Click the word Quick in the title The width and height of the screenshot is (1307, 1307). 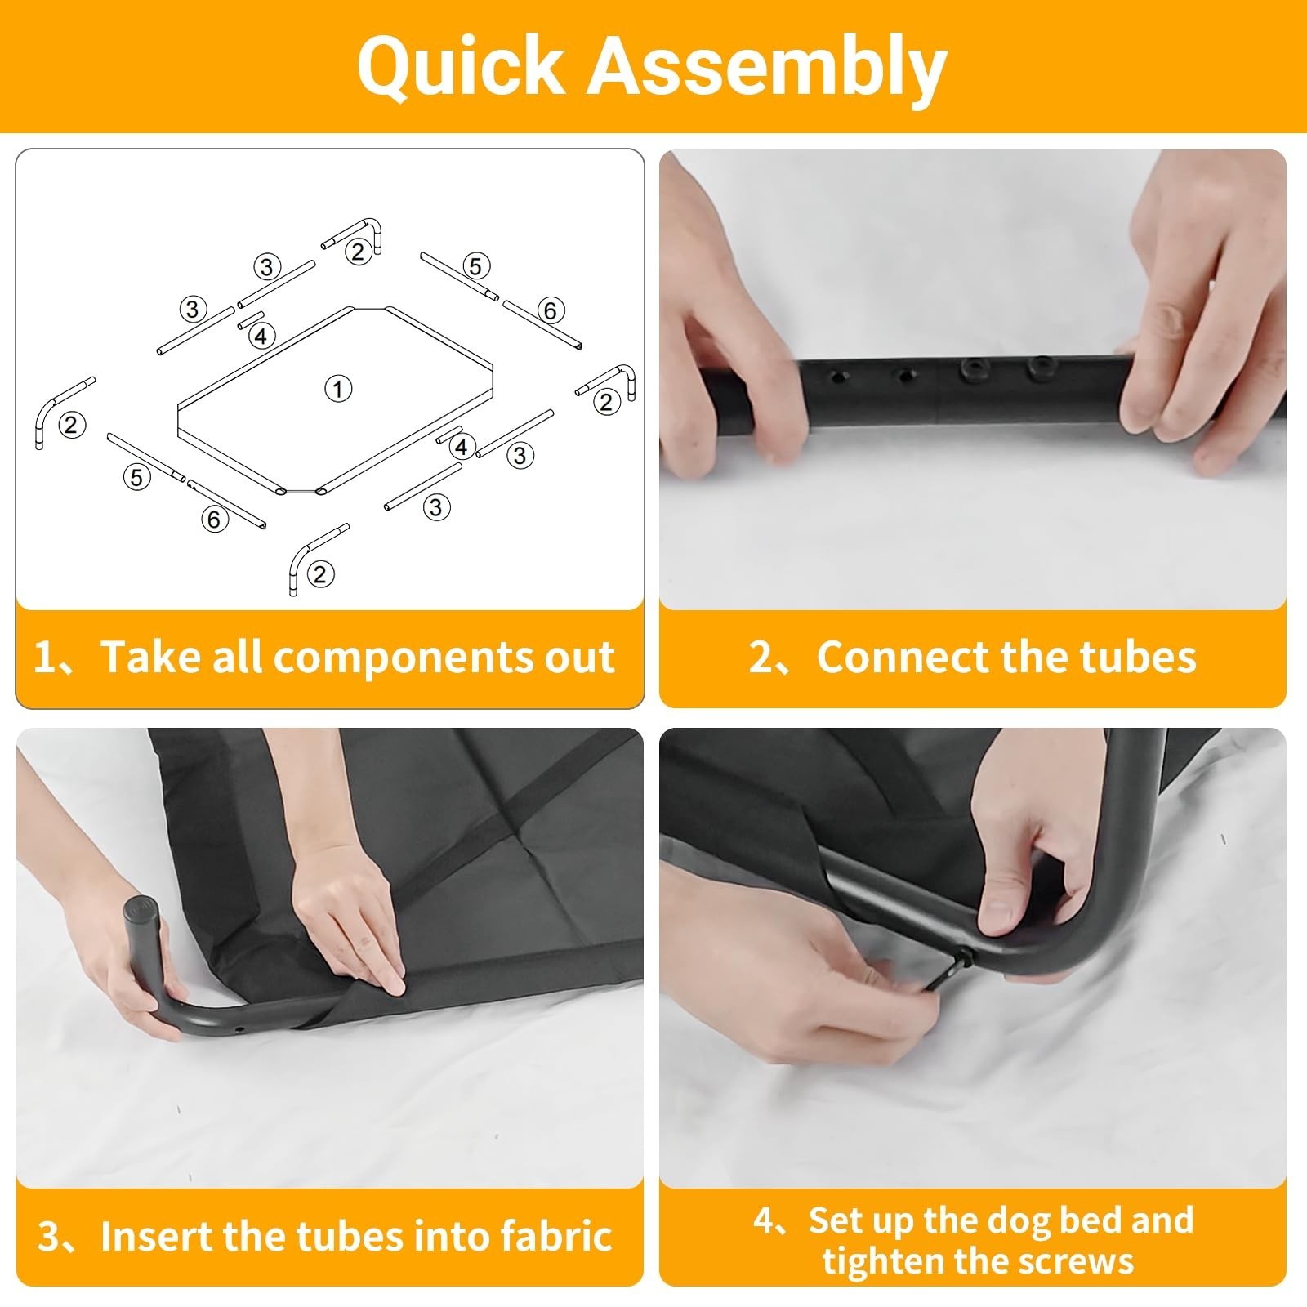coord(460,67)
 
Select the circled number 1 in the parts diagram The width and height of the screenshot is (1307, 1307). coord(338,388)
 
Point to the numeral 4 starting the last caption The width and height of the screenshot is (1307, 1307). coord(765,1221)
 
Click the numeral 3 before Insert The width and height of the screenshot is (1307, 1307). coord(49,1237)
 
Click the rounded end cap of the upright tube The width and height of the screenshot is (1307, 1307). coord(141,908)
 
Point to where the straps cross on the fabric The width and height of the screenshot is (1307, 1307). coord(520,834)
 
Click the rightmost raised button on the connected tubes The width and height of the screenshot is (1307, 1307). coord(1039,369)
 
